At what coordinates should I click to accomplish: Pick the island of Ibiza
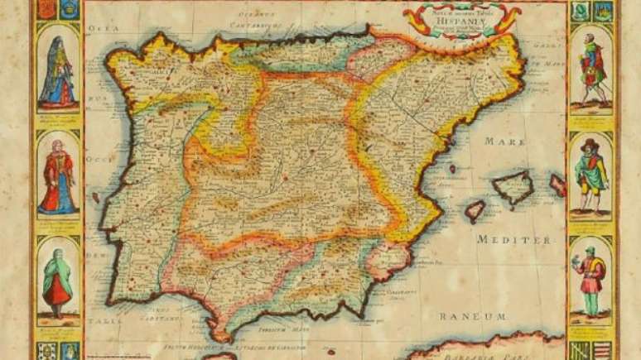click(475, 210)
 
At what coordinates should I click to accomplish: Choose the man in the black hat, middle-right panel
click(590, 175)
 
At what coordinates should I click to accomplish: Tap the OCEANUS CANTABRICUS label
click(262, 20)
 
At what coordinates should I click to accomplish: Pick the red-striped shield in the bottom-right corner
click(602, 349)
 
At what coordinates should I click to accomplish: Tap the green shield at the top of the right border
click(580, 10)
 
